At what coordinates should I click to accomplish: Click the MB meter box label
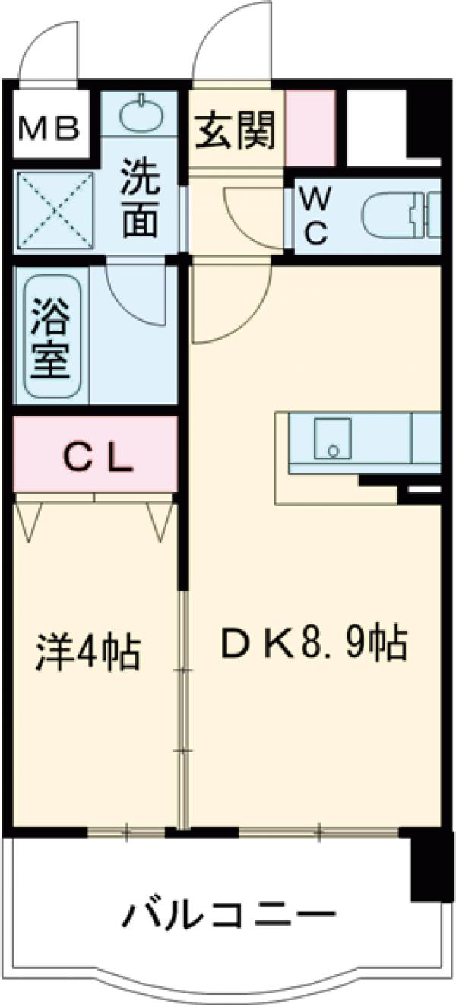point(49,128)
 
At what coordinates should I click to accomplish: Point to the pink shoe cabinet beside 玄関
point(310,127)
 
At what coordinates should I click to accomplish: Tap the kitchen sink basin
point(332,439)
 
